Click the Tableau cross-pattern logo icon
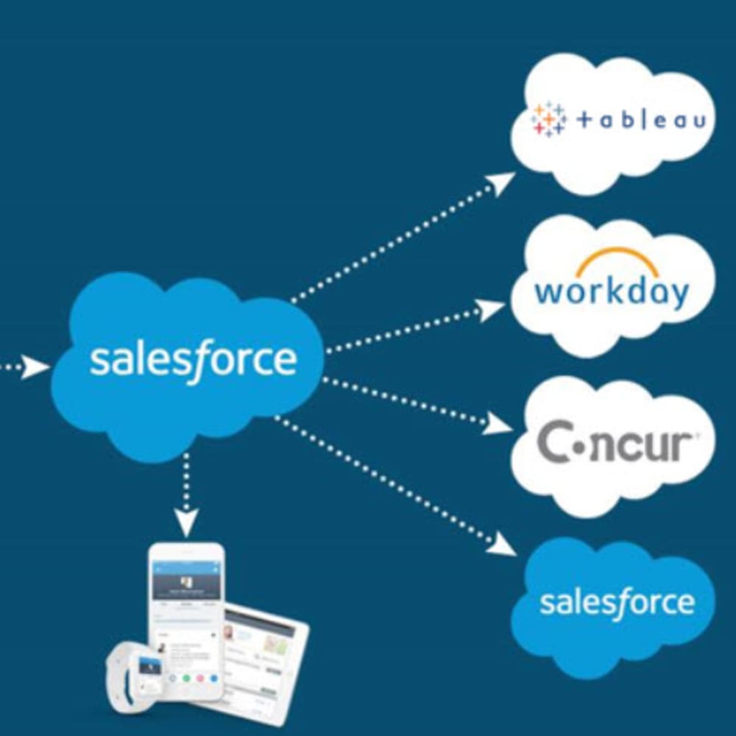click(548, 120)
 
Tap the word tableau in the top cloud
click(641, 121)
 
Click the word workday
click(612, 291)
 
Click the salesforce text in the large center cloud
click(193, 361)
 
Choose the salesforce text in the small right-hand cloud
click(617, 601)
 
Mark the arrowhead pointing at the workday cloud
click(489, 310)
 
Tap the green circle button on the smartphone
click(186, 678)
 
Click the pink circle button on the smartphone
click(200, 678)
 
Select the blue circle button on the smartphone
click(214, 678)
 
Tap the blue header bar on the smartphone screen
click(186, 567)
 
